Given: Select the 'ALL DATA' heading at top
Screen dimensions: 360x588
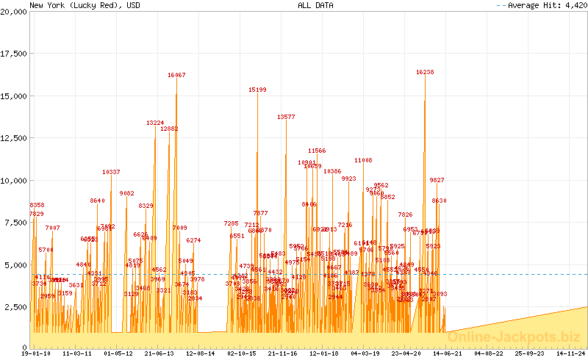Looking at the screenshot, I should [315, 5].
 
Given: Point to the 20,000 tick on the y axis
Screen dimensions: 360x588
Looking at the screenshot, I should [13, 12].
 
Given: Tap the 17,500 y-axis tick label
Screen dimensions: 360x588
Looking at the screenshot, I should [13, 54].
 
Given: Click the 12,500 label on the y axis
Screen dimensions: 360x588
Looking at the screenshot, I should [13, 138].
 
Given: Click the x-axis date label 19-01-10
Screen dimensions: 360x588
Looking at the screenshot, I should [36, 353].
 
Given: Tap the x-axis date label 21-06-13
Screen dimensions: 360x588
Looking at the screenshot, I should [159, 353].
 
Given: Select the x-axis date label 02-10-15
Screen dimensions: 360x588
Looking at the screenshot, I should [242, 353].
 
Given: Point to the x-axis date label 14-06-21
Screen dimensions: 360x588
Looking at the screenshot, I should [448, 353].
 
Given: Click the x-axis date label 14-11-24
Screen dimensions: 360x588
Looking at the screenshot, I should [572, 353].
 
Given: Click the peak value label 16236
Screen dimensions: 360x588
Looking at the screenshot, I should [425, 72].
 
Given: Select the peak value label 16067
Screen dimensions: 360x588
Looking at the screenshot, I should [176, 75].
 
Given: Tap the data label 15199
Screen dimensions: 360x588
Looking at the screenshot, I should [257, 90].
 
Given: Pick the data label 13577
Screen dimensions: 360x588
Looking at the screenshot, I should [286, 117].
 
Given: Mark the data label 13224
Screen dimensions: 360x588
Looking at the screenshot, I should [155, 123].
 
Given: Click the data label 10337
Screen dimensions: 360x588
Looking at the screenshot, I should [111, 172].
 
